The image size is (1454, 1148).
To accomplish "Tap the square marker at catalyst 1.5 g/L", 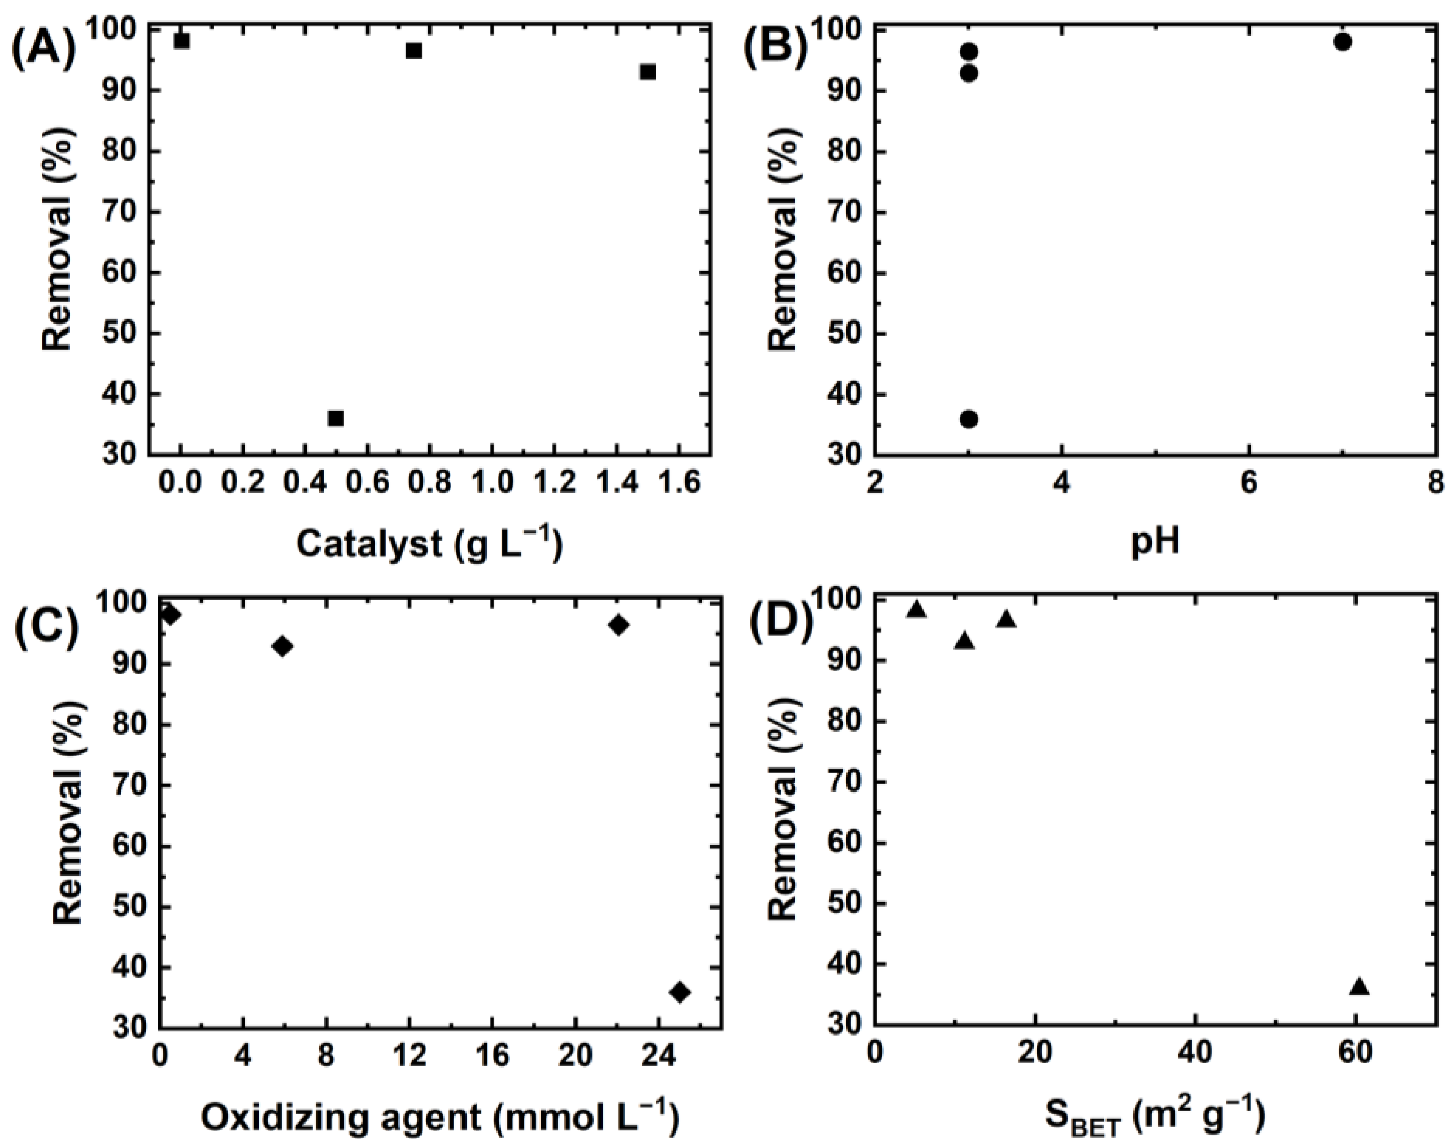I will (647, 72).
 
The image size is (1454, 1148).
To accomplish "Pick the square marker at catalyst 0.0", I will (182, 41).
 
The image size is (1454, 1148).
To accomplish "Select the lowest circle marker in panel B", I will (969, 419).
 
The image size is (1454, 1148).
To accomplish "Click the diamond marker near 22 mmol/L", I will (618, 625).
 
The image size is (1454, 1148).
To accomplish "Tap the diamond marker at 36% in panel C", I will (680, 992).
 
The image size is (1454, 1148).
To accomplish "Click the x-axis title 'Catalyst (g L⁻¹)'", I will (429, 544).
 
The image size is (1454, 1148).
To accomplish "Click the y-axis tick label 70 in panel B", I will (847, 213).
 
